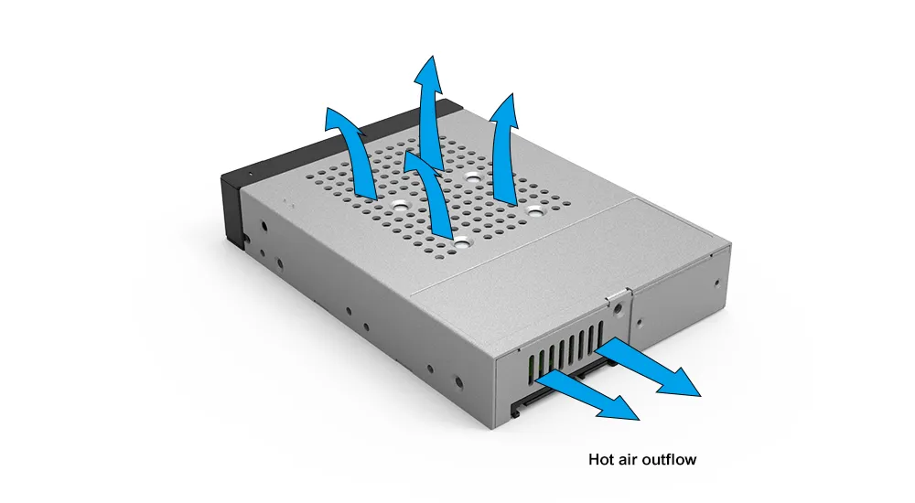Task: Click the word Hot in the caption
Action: pos(600,459)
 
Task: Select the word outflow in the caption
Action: pos(667,459)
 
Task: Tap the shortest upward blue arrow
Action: pos(432,196)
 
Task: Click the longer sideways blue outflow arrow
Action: pos(648,369)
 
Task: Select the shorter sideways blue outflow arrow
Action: pos(587,397)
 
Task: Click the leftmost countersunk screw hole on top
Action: pos(401,205)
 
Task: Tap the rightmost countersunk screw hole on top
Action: pos(535,209)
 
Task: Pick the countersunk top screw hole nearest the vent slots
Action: pos(462,244)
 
